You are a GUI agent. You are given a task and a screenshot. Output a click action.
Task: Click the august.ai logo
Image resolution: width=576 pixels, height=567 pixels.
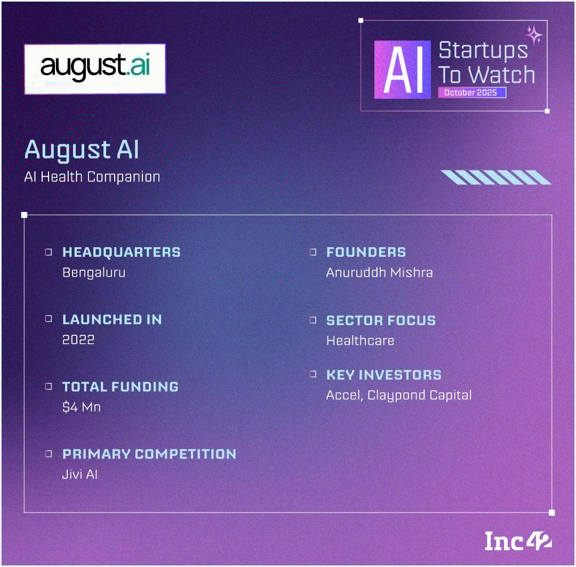(95, 69)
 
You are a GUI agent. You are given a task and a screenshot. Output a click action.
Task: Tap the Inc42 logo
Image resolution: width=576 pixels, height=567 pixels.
(518, 541)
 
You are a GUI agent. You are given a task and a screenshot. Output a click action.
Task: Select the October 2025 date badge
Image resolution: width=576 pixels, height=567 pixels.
(471, 93)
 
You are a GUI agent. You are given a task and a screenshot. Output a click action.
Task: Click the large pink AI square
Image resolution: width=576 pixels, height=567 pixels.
(402, 69)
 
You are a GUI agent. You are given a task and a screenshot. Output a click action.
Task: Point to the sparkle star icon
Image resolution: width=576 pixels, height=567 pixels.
(534, 35)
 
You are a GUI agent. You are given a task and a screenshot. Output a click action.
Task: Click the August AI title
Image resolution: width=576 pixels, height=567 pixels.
(82, 150)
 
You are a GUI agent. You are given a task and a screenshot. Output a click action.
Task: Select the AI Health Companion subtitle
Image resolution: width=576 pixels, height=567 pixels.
(92, 177)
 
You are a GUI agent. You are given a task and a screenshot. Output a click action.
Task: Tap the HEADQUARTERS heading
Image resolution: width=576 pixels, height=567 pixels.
(122, 252)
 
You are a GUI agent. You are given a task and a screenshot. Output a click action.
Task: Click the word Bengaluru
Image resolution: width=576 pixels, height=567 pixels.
(94, 273)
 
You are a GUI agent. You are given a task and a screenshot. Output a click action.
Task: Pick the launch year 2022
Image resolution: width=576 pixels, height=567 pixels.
(78, 340)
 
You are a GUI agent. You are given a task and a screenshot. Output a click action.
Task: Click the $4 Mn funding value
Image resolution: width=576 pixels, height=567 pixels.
(82, 407)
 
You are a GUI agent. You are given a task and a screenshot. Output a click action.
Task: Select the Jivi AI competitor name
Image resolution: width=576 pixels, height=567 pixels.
(79, 474)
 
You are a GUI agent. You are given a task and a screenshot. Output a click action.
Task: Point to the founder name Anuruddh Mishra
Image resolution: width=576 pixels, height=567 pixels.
(380, 272)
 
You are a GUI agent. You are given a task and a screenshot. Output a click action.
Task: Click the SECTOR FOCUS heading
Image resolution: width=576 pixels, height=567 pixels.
(381, 320)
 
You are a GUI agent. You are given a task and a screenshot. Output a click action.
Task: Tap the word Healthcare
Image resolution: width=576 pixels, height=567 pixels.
(361, 341)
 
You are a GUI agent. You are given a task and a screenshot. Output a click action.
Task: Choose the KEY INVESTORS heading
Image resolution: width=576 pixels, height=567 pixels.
(384, 375)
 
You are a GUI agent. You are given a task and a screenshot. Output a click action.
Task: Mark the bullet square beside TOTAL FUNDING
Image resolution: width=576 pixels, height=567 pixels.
(49, 387)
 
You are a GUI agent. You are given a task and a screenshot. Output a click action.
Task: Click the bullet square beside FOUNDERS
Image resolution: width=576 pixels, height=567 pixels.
(313, 252)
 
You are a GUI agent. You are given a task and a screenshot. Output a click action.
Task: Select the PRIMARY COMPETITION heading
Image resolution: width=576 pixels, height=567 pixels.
(149, 454)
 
